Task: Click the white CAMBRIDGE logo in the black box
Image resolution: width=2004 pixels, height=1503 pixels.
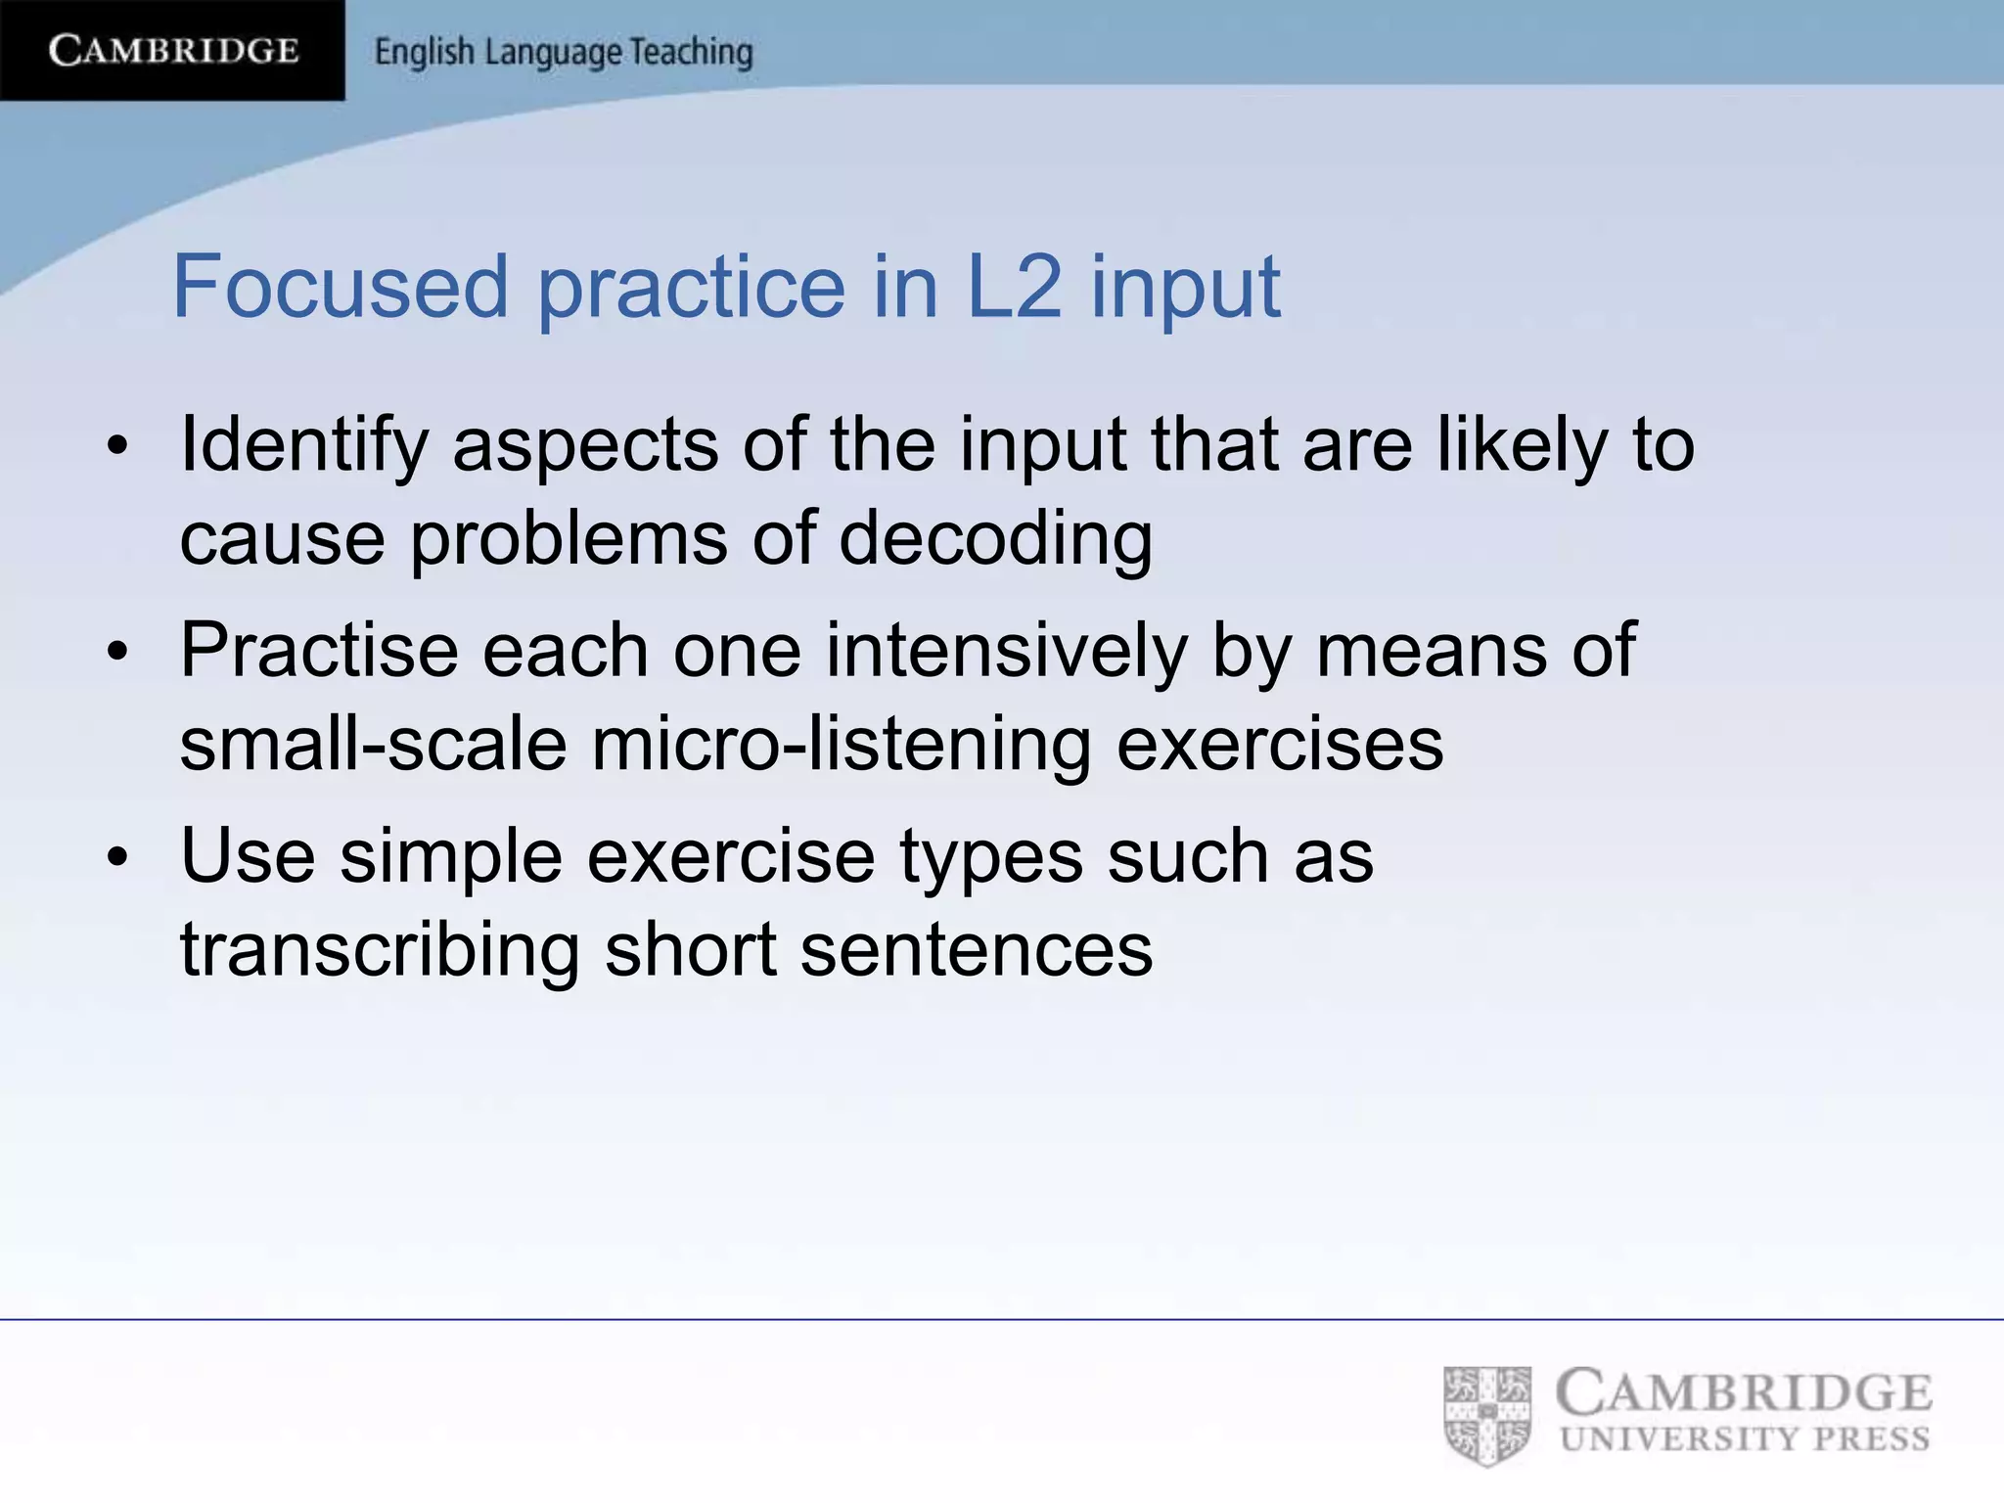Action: (x=173, y=50)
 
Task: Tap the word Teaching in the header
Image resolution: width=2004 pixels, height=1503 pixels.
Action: (x=691, y=52)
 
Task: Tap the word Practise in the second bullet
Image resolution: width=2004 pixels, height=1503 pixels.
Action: (x=319, y=650)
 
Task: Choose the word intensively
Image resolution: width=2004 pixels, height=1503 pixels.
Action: (x=1006, y=650)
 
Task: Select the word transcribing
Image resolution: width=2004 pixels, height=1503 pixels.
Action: (x=380, y=949)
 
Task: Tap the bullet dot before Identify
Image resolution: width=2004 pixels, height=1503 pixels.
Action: (x=118, y=447)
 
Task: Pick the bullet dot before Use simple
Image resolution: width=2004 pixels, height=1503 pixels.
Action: (x=118, y=858)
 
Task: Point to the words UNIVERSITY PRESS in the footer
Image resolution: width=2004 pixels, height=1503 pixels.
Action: (x=1745, y=1439)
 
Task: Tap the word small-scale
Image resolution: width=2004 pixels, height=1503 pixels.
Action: (x=373, y=744)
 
